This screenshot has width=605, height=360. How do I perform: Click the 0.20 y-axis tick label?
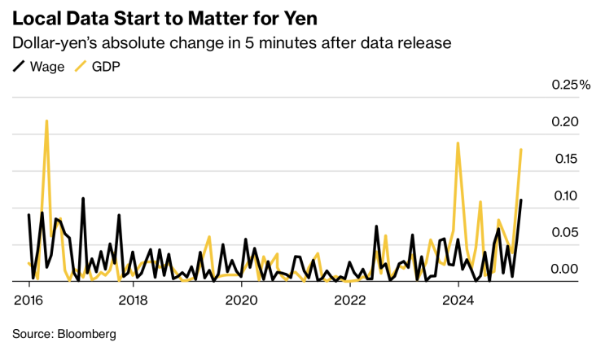pos(566,122)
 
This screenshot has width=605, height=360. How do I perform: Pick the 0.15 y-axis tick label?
pos(566,159)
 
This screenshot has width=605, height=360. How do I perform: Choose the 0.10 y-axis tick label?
pos(566,196)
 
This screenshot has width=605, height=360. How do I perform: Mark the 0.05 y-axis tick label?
pos(566,233)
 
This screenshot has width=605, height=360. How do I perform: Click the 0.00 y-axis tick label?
pos(566,270)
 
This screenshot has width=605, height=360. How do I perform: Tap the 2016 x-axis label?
pos(29,300)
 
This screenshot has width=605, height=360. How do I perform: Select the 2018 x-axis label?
pos(135,300)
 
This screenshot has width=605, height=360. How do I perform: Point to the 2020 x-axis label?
pos(242,300)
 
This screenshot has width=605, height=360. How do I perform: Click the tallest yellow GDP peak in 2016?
pos(46,121)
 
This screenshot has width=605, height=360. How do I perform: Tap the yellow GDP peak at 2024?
pos(458,143)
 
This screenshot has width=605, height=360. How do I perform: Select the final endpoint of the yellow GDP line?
pos(521,150)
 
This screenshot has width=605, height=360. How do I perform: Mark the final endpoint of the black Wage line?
pos(521,200)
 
